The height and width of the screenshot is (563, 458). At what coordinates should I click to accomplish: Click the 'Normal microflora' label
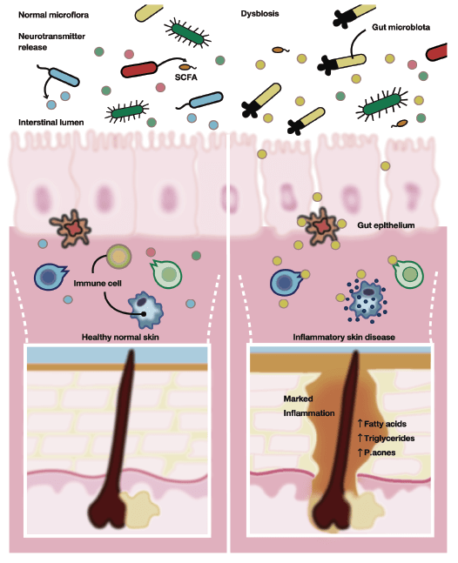(x=53, y=15)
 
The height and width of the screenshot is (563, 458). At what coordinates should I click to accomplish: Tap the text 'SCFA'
(x=186, y=77)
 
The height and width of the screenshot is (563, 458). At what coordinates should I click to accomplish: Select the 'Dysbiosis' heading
(x=259, y=14)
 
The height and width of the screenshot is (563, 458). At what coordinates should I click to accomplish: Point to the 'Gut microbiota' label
(x=401, y=27)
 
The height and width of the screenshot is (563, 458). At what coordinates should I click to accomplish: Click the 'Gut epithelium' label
(x=386, y=225)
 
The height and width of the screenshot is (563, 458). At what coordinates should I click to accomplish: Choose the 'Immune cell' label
(x=98, y=284)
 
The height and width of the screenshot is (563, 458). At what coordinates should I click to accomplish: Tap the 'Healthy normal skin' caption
(x=120, y=337)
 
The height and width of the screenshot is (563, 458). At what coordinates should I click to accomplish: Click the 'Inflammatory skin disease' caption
(x=344, y=337)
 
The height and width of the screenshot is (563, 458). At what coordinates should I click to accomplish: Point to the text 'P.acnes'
(x=380, y=452)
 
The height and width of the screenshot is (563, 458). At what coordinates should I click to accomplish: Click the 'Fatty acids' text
(x=385, y=424)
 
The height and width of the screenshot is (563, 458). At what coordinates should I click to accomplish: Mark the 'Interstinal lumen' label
(x=51, y=123)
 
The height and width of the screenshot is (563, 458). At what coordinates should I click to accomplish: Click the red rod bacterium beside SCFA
(x=139, y=70)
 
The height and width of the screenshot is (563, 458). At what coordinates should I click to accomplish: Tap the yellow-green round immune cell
(x=119, y=257)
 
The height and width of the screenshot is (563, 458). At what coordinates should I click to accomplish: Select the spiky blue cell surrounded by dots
(x=367, y=301)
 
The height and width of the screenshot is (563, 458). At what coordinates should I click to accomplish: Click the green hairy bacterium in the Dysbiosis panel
(x=382, y=104)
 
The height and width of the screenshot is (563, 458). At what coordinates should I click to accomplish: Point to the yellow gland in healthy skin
(x=139, y=510)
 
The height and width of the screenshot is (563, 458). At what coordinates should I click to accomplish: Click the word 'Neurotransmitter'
(x=51, y=37)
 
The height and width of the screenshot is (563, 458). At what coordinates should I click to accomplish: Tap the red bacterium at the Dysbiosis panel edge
(x=437, y=52)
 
